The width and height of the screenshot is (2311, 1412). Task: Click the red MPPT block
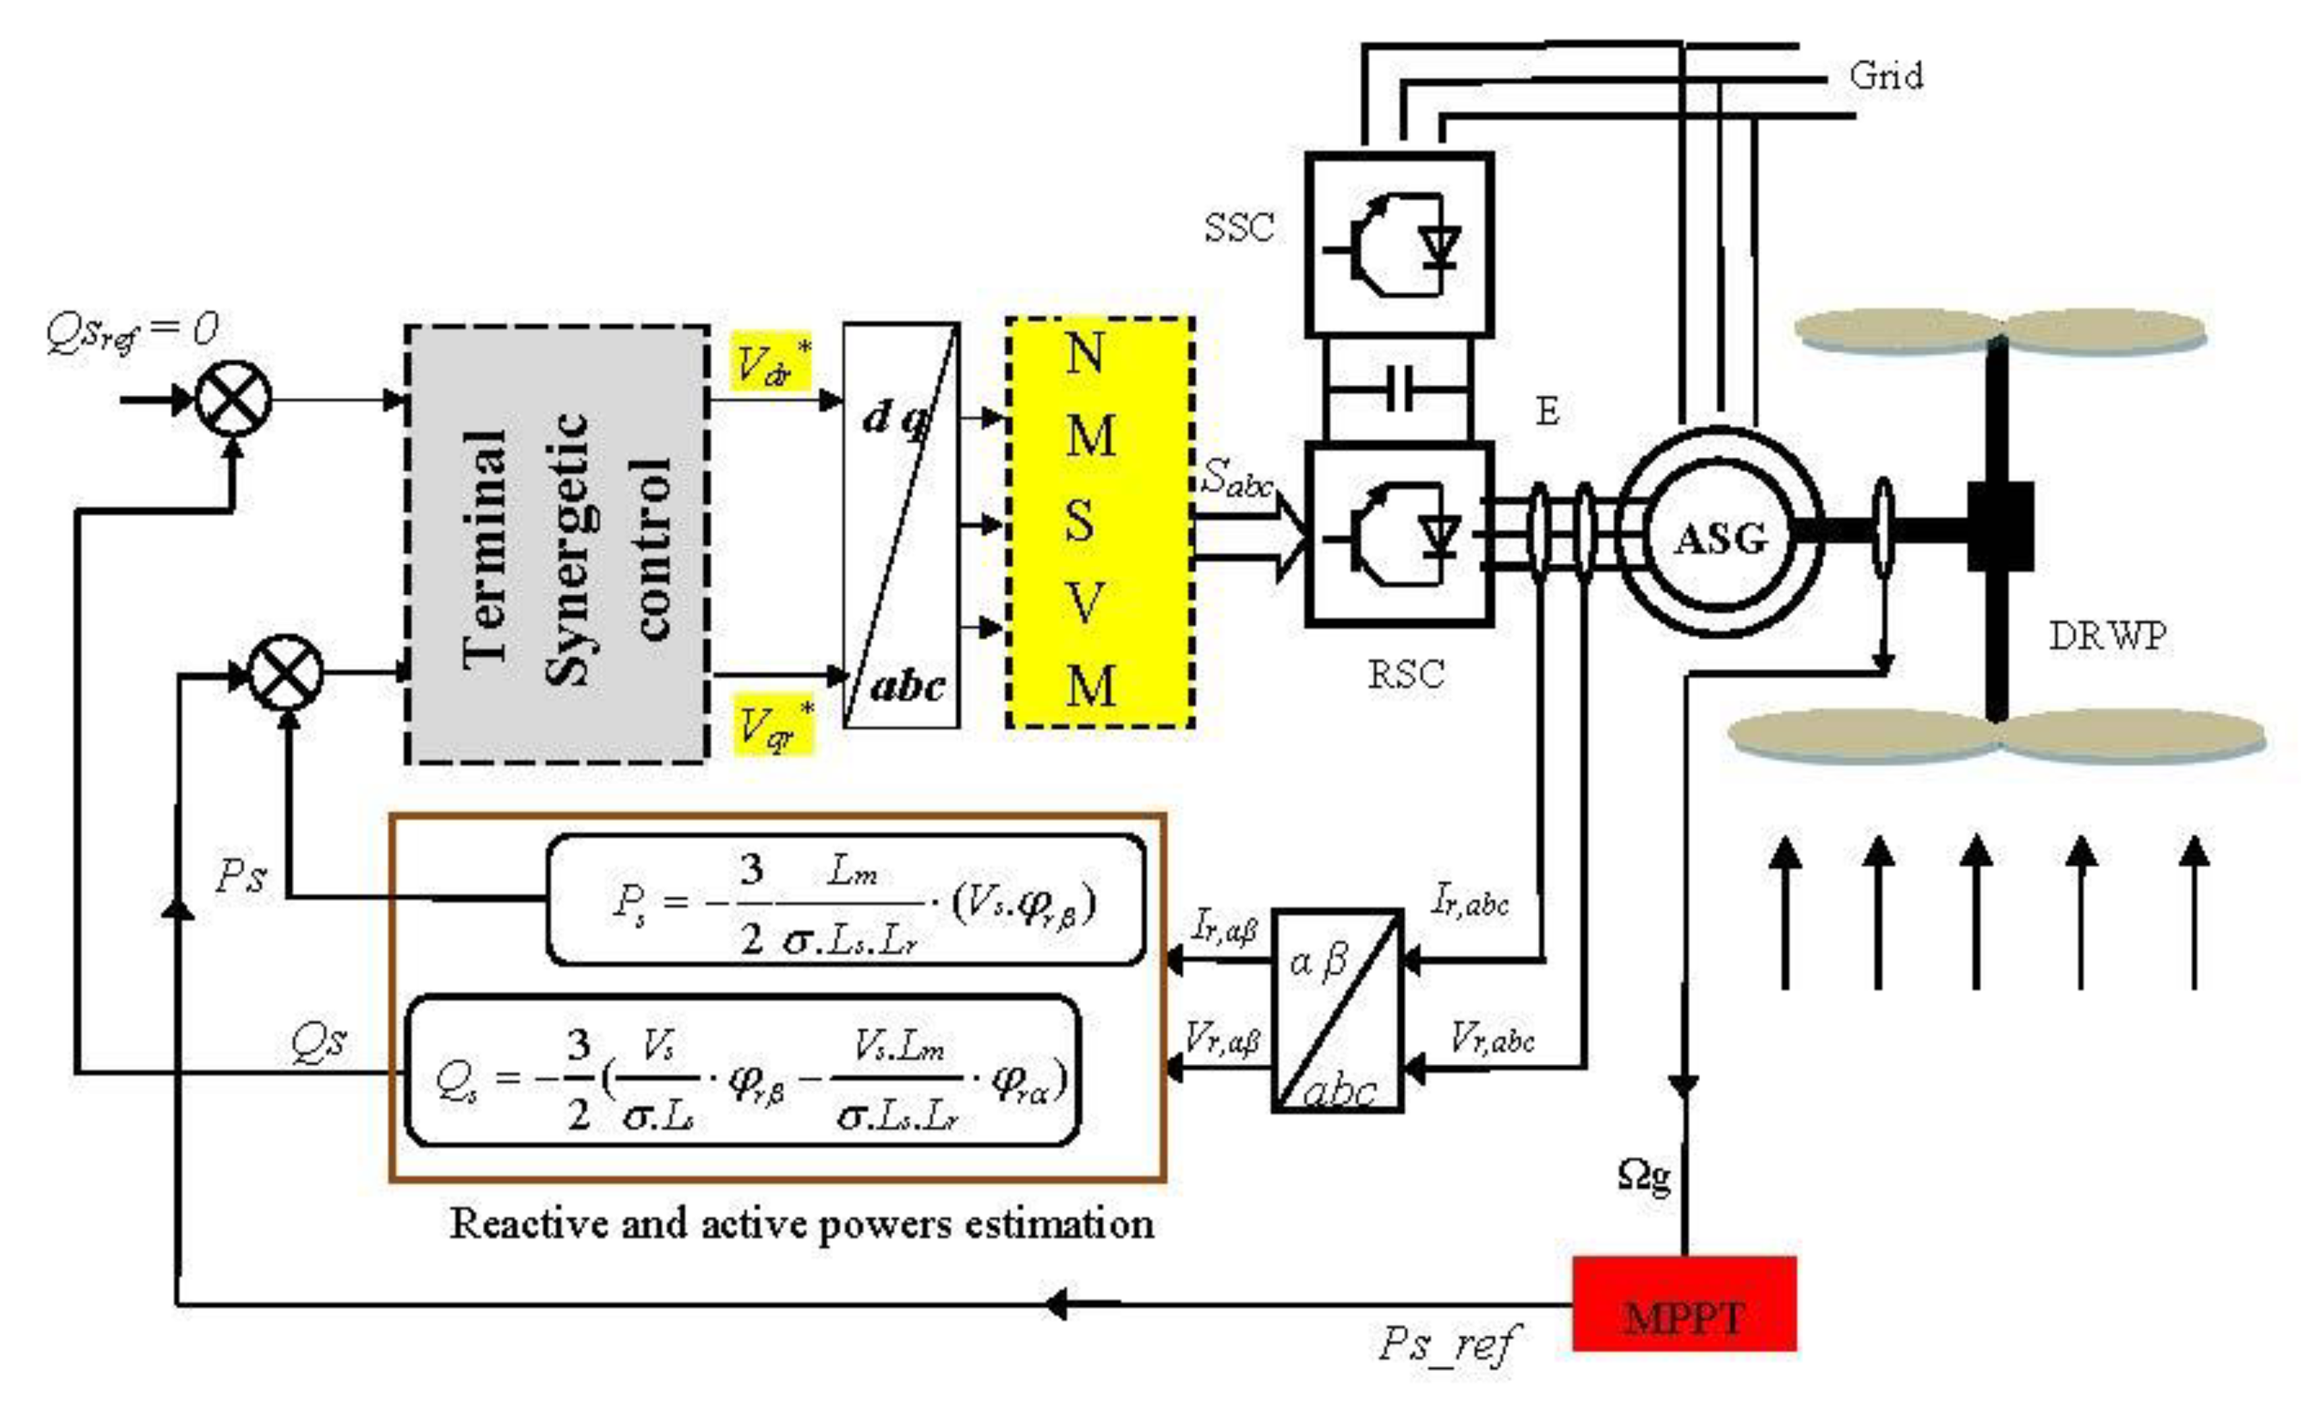tap(1684, 1303)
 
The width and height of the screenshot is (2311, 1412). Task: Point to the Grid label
tap(1885, 75)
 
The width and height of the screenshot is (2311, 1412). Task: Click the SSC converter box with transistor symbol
tap(1399, 245)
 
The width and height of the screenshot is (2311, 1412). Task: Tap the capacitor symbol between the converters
tap(1399, 388)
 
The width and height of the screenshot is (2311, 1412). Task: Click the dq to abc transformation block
tap(900, 525)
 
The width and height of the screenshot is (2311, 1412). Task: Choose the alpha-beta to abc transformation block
tap(1337, 1010)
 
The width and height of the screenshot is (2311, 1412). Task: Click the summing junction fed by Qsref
tap(233, 399)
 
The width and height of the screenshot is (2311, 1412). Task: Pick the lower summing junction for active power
tap(286, 672)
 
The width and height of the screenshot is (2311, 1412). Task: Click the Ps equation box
tap(844, 900)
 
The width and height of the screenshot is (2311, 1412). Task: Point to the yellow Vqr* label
tap(773, 724)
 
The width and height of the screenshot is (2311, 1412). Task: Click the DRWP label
tap(2107, 637)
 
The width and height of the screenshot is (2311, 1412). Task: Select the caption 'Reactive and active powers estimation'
tap(802, 1224)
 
